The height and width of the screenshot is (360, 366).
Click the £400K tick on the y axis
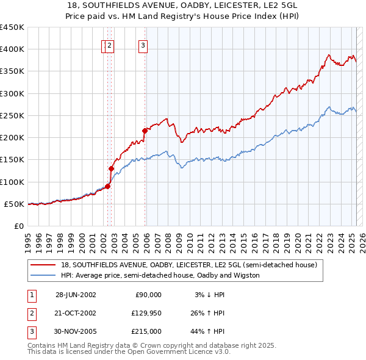click(12, 49)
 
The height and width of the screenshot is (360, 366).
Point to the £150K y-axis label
click(12, 160)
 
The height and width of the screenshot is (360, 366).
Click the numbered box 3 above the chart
click(143, 45)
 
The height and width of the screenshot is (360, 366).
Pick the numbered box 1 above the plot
click(104, 45)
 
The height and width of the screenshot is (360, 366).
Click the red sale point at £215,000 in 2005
click(145, 131)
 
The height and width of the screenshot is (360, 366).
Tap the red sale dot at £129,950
click(112, 168)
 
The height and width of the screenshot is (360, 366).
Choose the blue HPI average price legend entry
click(160, 275)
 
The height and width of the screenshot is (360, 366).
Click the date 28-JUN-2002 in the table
click(76, 295)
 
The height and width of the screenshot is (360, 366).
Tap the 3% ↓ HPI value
click(209, 295)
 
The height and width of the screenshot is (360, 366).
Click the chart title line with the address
click(183, 5)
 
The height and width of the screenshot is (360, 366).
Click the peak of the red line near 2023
click(328, 55)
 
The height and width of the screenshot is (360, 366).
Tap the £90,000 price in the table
click(148, 295)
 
